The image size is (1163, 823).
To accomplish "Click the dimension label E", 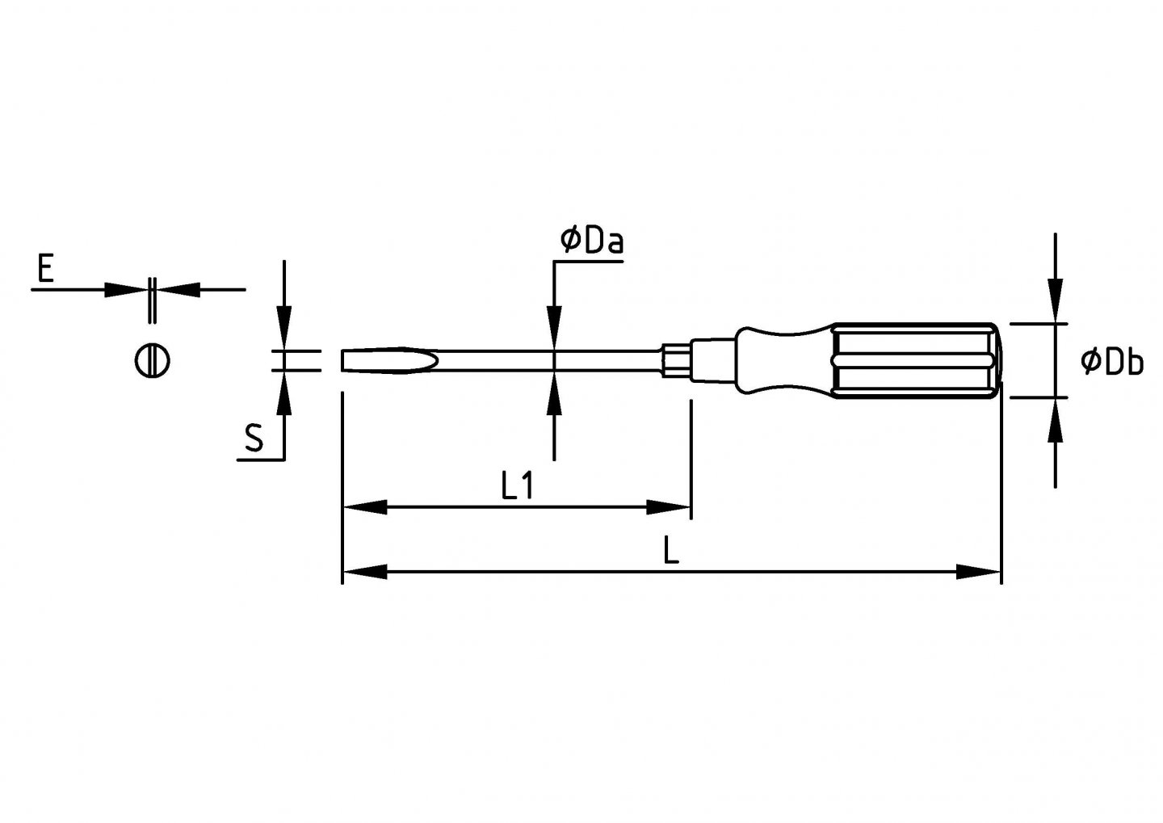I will (x=45, y=268).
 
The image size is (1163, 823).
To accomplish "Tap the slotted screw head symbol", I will (x=151, y=359).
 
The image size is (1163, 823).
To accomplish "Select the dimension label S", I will (x=254, y=439).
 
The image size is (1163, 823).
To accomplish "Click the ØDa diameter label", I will (x=592, y=241).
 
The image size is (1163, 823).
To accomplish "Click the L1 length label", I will (x=517, y=486).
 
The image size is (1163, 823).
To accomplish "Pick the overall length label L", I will (x=670, y=551).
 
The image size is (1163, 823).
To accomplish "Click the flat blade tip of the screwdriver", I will (x=388, y=360).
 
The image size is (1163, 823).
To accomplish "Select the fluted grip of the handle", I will (x=913, y=360).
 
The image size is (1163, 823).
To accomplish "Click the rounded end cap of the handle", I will (x=997, y=360).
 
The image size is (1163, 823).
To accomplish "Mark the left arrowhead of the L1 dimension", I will (x=363, y=507).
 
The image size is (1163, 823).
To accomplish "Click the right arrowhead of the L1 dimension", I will (x=669, y=507).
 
